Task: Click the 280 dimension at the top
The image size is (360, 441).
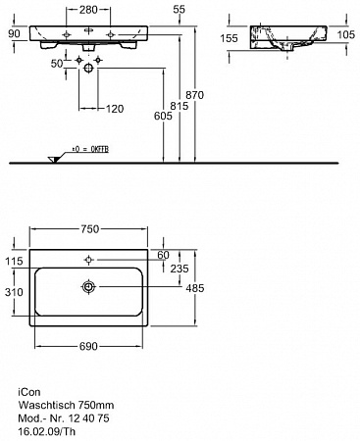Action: pos(88,10)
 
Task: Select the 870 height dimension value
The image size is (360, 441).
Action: pos(194,95)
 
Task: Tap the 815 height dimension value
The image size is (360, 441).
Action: pos(180,106)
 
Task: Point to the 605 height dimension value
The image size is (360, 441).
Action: pos(163,116)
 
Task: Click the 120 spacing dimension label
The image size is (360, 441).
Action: pos(115,109)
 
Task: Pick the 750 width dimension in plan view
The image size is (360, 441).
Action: pos(89,229)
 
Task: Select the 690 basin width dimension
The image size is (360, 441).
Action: pos(88,346)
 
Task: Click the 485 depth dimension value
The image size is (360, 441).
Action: pos(195,288)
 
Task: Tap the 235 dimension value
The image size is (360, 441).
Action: pos(180,269)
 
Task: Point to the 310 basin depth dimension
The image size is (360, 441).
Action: pos(14,292)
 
